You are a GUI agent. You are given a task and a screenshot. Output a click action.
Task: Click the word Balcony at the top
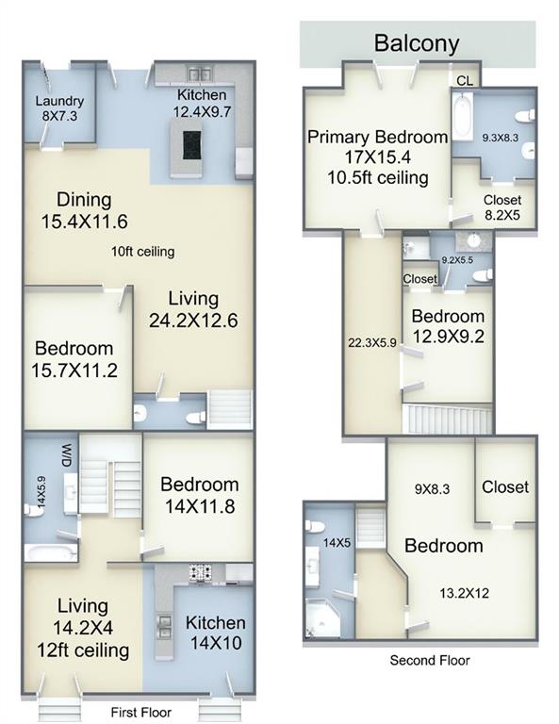pos(417,43)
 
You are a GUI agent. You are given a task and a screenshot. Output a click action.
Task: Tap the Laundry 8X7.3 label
pos(59,108)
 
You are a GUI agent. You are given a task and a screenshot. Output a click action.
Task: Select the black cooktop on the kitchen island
pos(191,145)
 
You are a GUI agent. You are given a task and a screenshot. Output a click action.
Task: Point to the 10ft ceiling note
pos(142,252)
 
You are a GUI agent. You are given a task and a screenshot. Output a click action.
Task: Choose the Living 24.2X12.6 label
pos(193,309)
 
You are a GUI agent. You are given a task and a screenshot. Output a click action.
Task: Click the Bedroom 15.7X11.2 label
pos(74,359)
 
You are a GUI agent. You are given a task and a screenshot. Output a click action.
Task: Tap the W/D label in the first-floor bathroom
pos(67,455)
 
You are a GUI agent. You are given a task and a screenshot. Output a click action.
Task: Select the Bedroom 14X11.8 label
pos(200,496)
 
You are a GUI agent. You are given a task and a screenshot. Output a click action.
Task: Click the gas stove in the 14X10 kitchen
pos(201,573)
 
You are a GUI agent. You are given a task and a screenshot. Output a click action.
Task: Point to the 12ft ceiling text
pos(83,650)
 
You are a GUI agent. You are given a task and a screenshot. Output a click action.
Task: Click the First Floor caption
pos(140,713)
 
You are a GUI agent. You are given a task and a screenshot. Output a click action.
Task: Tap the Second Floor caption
pos(429,660)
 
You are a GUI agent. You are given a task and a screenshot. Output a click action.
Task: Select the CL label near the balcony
pos(465,81)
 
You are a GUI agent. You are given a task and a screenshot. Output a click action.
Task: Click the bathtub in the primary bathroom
pos(462,116)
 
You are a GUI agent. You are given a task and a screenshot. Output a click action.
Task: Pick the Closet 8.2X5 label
pos(502,206)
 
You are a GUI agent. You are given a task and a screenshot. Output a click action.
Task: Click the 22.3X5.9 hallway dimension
pos(372,343)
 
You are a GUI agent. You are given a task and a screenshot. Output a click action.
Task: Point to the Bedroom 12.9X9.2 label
pos(448,326)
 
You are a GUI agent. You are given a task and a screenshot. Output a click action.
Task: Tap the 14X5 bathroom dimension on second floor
pos(337,543)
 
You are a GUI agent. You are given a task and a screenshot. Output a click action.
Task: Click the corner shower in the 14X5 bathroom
pos(321,618)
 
